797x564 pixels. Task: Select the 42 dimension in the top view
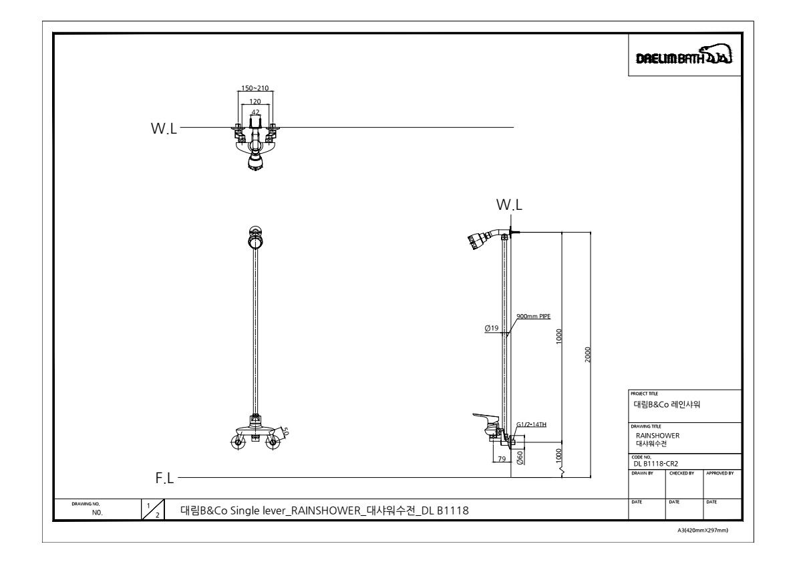(255, 112)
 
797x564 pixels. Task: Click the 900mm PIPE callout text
(533, 316)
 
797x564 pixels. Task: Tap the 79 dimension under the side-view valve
(501, 458)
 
